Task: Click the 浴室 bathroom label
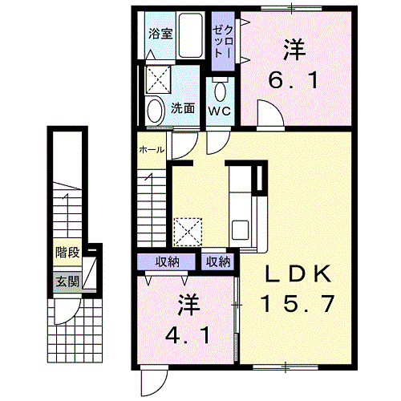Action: coord(160,34)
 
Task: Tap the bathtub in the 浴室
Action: coord(192,36)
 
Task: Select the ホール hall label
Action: coord(152,149)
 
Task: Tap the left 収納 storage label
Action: coord(168,261)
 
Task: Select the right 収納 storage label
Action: coord(217,261)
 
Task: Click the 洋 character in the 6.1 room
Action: coord(295,50)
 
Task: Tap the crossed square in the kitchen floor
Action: coord(189,231)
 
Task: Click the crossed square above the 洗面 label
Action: coord(158,79)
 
